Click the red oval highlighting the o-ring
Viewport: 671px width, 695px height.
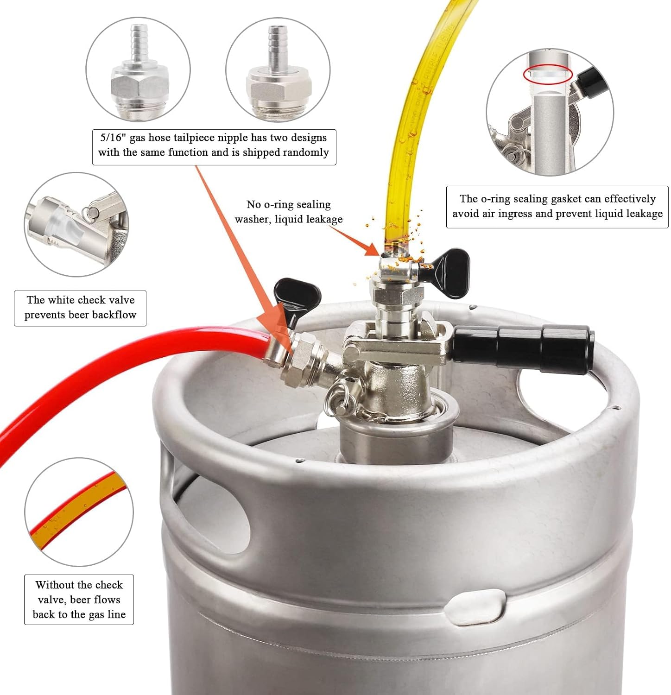[548, 74]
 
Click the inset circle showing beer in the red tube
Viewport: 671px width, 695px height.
[79, 512]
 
